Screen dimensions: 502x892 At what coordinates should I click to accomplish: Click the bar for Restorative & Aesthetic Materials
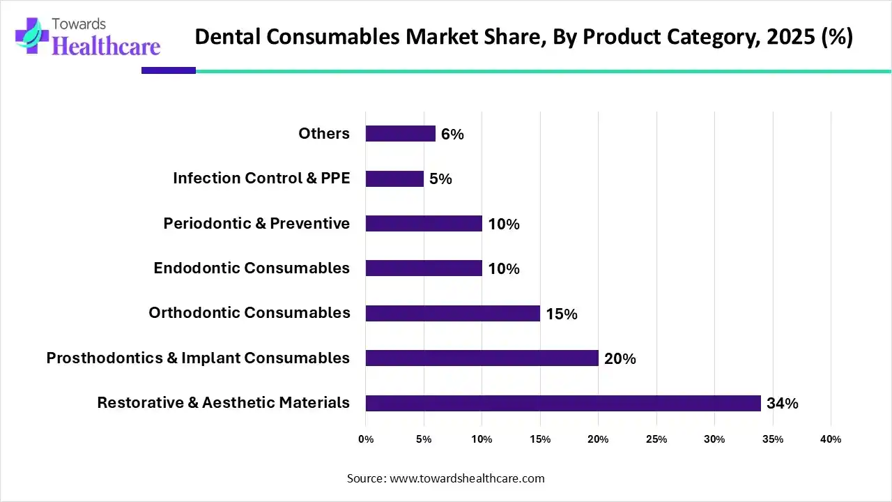click(x=563, y=403)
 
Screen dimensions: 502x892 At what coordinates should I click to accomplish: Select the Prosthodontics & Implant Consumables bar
click(x=482, y=358)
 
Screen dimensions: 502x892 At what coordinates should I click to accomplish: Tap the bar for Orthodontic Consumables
click(x=452, y=314)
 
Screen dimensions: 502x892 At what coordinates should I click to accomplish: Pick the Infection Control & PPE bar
click(x=394, y=179)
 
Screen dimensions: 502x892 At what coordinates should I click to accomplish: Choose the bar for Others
click(x=400, y=134)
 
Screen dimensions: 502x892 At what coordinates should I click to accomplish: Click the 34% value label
click(x=782, y=404)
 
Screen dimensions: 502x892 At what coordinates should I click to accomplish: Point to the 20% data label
click(x=620, y=359)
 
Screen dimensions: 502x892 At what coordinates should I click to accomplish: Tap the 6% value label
click(x=452, y=135)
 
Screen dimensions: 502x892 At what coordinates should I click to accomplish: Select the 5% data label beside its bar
click(x=440, y=179)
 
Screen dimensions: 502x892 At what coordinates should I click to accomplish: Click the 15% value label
click(x=561, y=314)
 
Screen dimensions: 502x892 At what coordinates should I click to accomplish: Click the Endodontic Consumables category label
click(x=252, y=268)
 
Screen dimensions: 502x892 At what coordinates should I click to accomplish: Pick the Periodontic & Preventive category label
click(x=256, y=224)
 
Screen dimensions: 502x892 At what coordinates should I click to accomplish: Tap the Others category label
click(x=324, y=134)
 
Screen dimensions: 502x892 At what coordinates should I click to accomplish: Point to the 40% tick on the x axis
click(x=831, y=439)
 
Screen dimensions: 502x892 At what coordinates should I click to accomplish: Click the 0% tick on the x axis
click(x=366, y=439)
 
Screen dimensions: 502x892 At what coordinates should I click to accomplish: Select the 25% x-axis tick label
click(x=656, y=439)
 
